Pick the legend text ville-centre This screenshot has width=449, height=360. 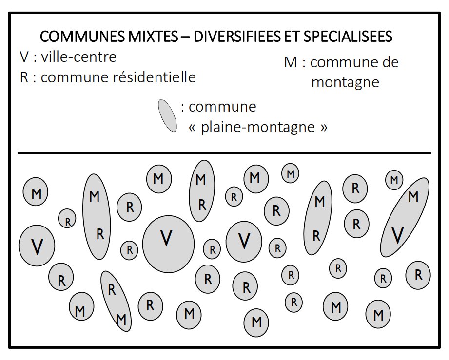point(79,57)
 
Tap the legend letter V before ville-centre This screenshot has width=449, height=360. point(24,57)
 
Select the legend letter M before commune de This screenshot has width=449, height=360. point(291,63)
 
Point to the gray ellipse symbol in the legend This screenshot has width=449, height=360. point(167,116)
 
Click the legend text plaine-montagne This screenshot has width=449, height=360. point(257,127)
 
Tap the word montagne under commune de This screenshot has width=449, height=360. point(345,82)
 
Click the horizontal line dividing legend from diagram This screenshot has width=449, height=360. point(224,153)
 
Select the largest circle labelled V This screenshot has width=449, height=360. point(168,244)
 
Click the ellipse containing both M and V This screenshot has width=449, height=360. point(405,217)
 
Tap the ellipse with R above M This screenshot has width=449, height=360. point(116,301)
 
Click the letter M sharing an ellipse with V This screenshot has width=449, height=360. point(413,197)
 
